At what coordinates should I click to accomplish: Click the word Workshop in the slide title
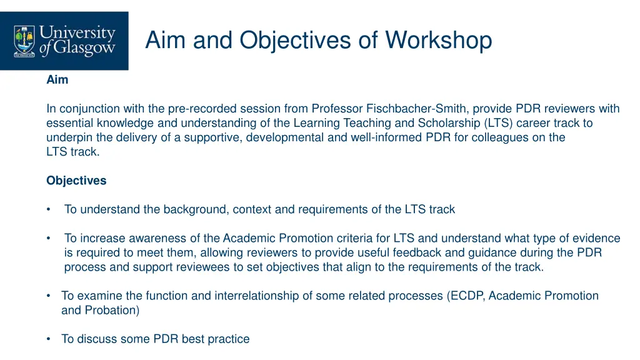point(439,41)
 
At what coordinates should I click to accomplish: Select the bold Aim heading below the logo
point(57,80)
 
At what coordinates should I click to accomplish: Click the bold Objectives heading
point(76,181)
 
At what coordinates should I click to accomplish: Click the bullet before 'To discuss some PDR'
point(49,339)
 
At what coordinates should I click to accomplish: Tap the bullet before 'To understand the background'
point(49,209)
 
